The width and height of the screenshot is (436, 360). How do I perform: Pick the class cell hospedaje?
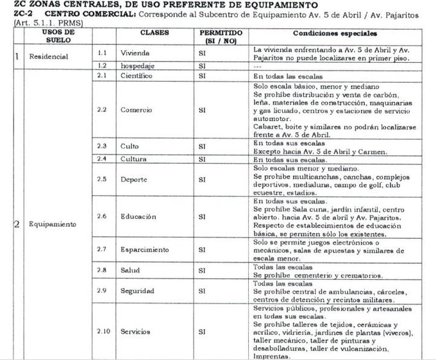point(138,65)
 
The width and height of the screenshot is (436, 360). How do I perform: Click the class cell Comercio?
point(137,110)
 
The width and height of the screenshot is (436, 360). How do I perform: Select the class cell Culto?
point(130,146)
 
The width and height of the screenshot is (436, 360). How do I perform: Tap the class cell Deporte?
point(134,179)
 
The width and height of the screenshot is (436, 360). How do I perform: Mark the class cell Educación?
point(138,216)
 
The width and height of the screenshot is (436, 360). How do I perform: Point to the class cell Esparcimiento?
point(145,248)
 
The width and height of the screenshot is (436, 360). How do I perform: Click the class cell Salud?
point(130,271)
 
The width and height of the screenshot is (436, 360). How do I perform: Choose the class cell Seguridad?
point(138,291)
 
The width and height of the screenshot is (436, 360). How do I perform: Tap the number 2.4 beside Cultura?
point(101,159)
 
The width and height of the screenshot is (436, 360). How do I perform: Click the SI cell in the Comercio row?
point(202,110)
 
